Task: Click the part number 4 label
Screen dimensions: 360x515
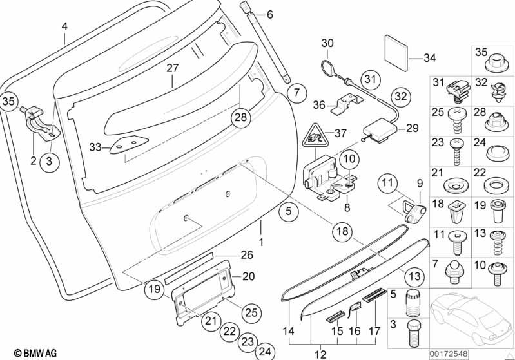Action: coord(64,26)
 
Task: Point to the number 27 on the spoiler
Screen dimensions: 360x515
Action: coord(172,68)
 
